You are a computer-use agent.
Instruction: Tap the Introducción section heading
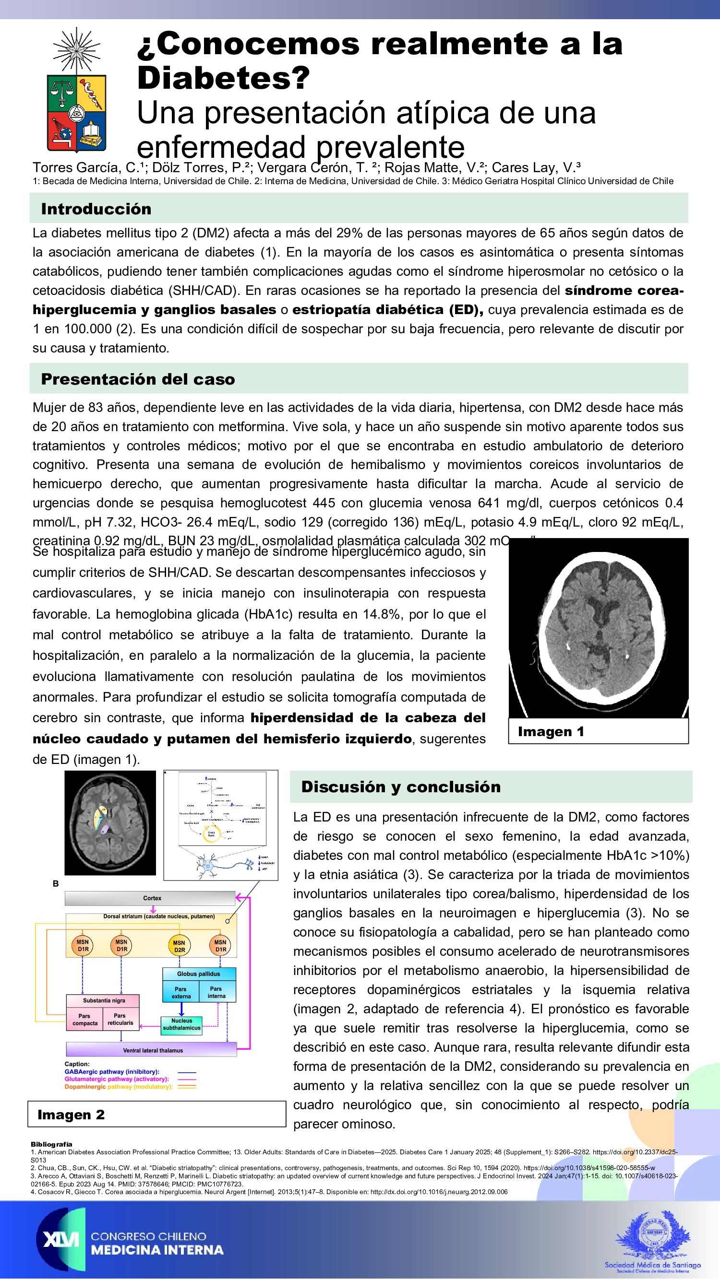[x=96, y=209]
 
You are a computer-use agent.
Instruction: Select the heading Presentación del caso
[x=138, y=379]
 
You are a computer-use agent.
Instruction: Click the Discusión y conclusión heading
[x=400, y=787]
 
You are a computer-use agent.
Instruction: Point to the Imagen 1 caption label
[x=551, y=731]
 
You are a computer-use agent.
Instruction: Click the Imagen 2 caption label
[x=71, y=1115]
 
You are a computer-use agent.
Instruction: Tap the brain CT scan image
[x=598, y=628]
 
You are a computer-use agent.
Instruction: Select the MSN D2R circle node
[x=179, y=946]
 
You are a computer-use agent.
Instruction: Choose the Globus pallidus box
[x=199, y=974]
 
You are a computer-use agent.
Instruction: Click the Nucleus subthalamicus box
[x=182, y=1024]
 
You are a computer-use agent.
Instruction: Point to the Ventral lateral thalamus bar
[x=152, y=1051]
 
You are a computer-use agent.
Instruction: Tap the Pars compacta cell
[x=85, y=1020]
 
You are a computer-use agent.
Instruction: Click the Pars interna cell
[x=216, y=993]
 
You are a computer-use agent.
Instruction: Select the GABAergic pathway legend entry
[x=112, y=1072]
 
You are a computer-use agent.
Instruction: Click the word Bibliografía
[x=51, y=1144]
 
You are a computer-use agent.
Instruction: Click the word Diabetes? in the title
[x=224, y=78]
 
